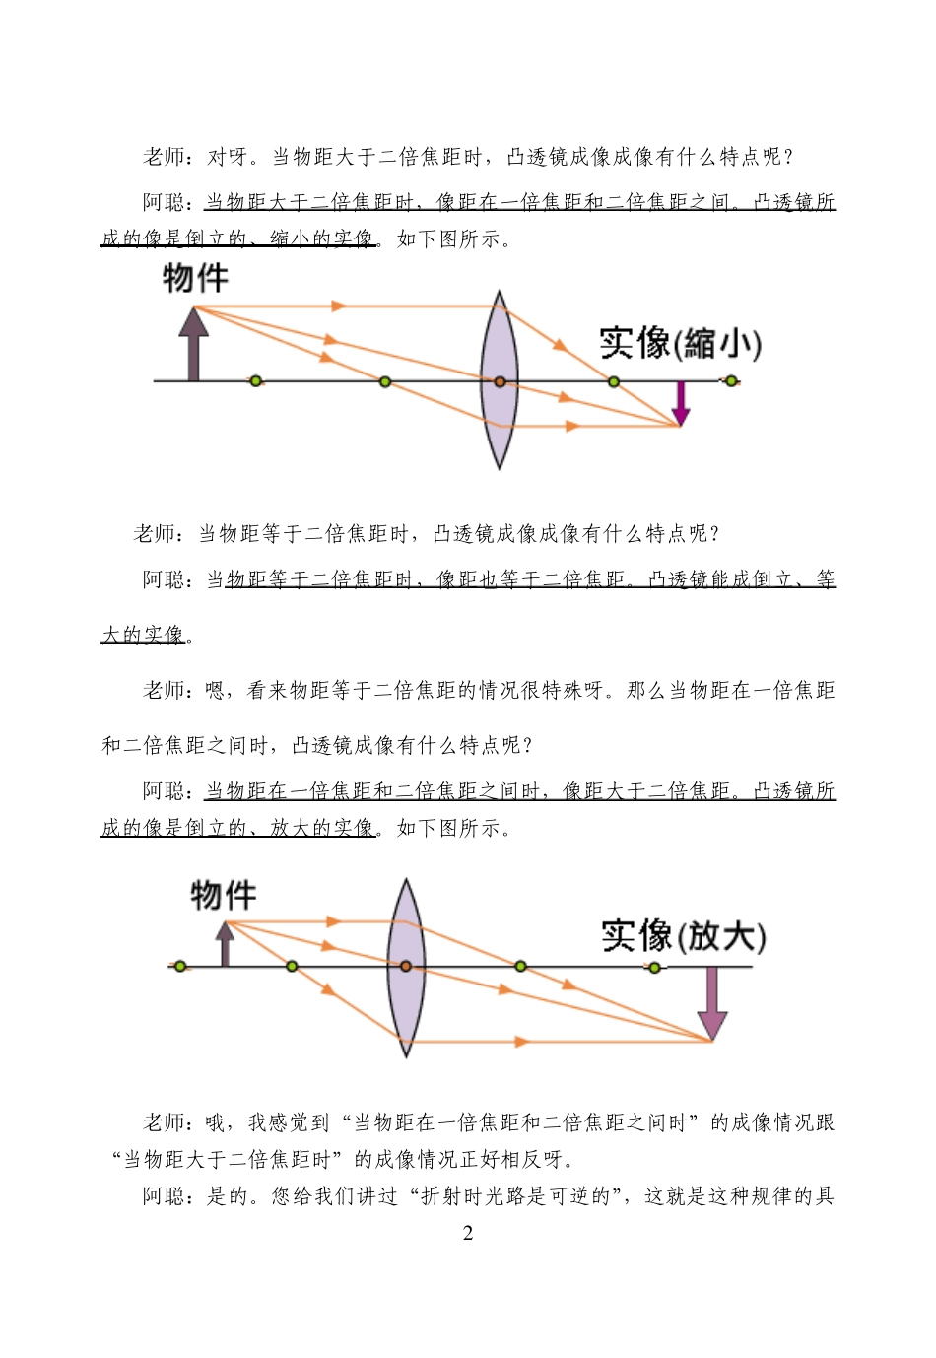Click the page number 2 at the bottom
tap(468, 1233)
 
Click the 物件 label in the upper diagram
tap(195, 278)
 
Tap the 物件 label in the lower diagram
tap(224, 895)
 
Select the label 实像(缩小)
tap(681, 343)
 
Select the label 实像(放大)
tap(684, 935)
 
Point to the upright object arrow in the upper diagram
tap(194, 344)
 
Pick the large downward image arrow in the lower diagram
tap(711, 1003)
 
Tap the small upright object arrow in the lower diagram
tap(226, 944)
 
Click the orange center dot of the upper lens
tap(500, 381)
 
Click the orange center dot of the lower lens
tap(405, 967)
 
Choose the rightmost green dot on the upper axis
tap(731, 381)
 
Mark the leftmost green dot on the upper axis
tap(255, 381)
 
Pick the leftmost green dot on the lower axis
tap(180, 967)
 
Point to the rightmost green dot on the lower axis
tap(654, 967)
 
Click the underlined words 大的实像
tap(143, 635)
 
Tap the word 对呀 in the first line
tap(228, 157)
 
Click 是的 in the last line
tap(227, 1196)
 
